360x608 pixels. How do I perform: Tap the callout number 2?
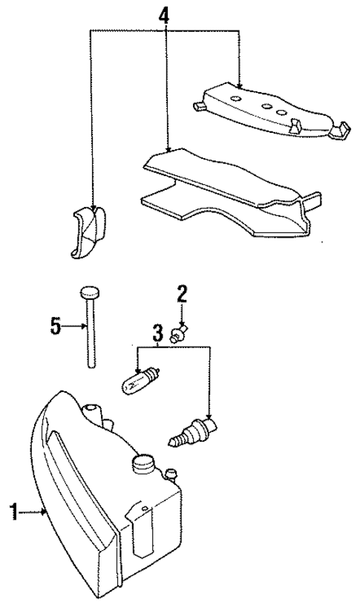(x=180, y=293)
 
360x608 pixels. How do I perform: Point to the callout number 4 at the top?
(x=165, y=14)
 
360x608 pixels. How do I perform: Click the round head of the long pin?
(x=89, y=291)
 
